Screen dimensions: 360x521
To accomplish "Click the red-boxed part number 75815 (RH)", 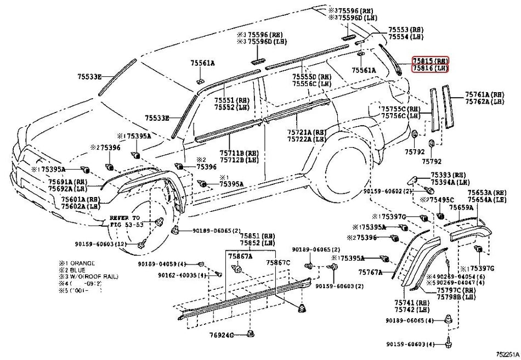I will pos(431,60).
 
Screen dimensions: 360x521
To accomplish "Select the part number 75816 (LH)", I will pos(431,68).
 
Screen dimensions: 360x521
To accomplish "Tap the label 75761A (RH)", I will pos(484,94).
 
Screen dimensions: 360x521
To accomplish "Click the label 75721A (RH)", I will pos(306,132).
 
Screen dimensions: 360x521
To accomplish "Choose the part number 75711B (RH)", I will pos(239,153).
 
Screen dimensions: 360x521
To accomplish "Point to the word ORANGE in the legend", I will pos(82,263).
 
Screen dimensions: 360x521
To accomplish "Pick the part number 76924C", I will pos(222,334).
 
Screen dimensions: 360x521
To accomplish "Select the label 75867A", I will pos(241,256).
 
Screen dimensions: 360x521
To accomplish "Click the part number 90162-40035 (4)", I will pos(182,275).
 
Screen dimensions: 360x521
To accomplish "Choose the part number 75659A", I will pos(461,207).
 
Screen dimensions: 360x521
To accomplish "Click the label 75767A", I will pos(371,272).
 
